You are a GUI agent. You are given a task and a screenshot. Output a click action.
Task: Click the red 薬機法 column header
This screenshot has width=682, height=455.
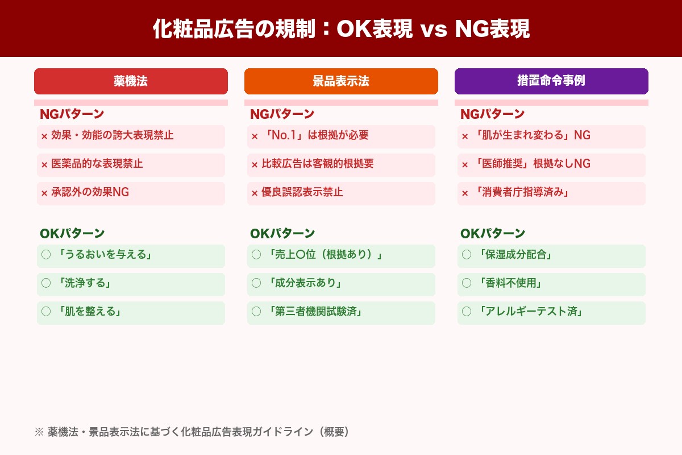click(131, 81)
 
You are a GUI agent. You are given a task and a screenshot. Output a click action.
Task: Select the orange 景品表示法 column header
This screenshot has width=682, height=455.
click(341, 81)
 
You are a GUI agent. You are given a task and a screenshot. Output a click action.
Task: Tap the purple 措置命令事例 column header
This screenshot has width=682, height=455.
click(551, 81)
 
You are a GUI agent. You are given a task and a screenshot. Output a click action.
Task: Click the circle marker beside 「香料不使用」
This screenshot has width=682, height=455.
click(467, 283)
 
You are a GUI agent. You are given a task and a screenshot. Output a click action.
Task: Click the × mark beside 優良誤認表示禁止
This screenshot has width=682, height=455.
click(255, 193)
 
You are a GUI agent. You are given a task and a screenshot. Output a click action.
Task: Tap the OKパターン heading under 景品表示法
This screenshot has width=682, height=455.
click(282, 234)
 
